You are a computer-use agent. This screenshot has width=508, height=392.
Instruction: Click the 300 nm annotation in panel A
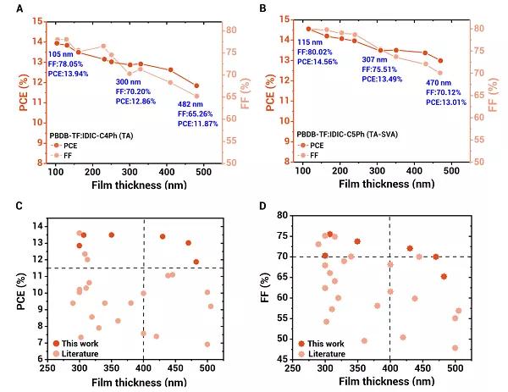(130, 83)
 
